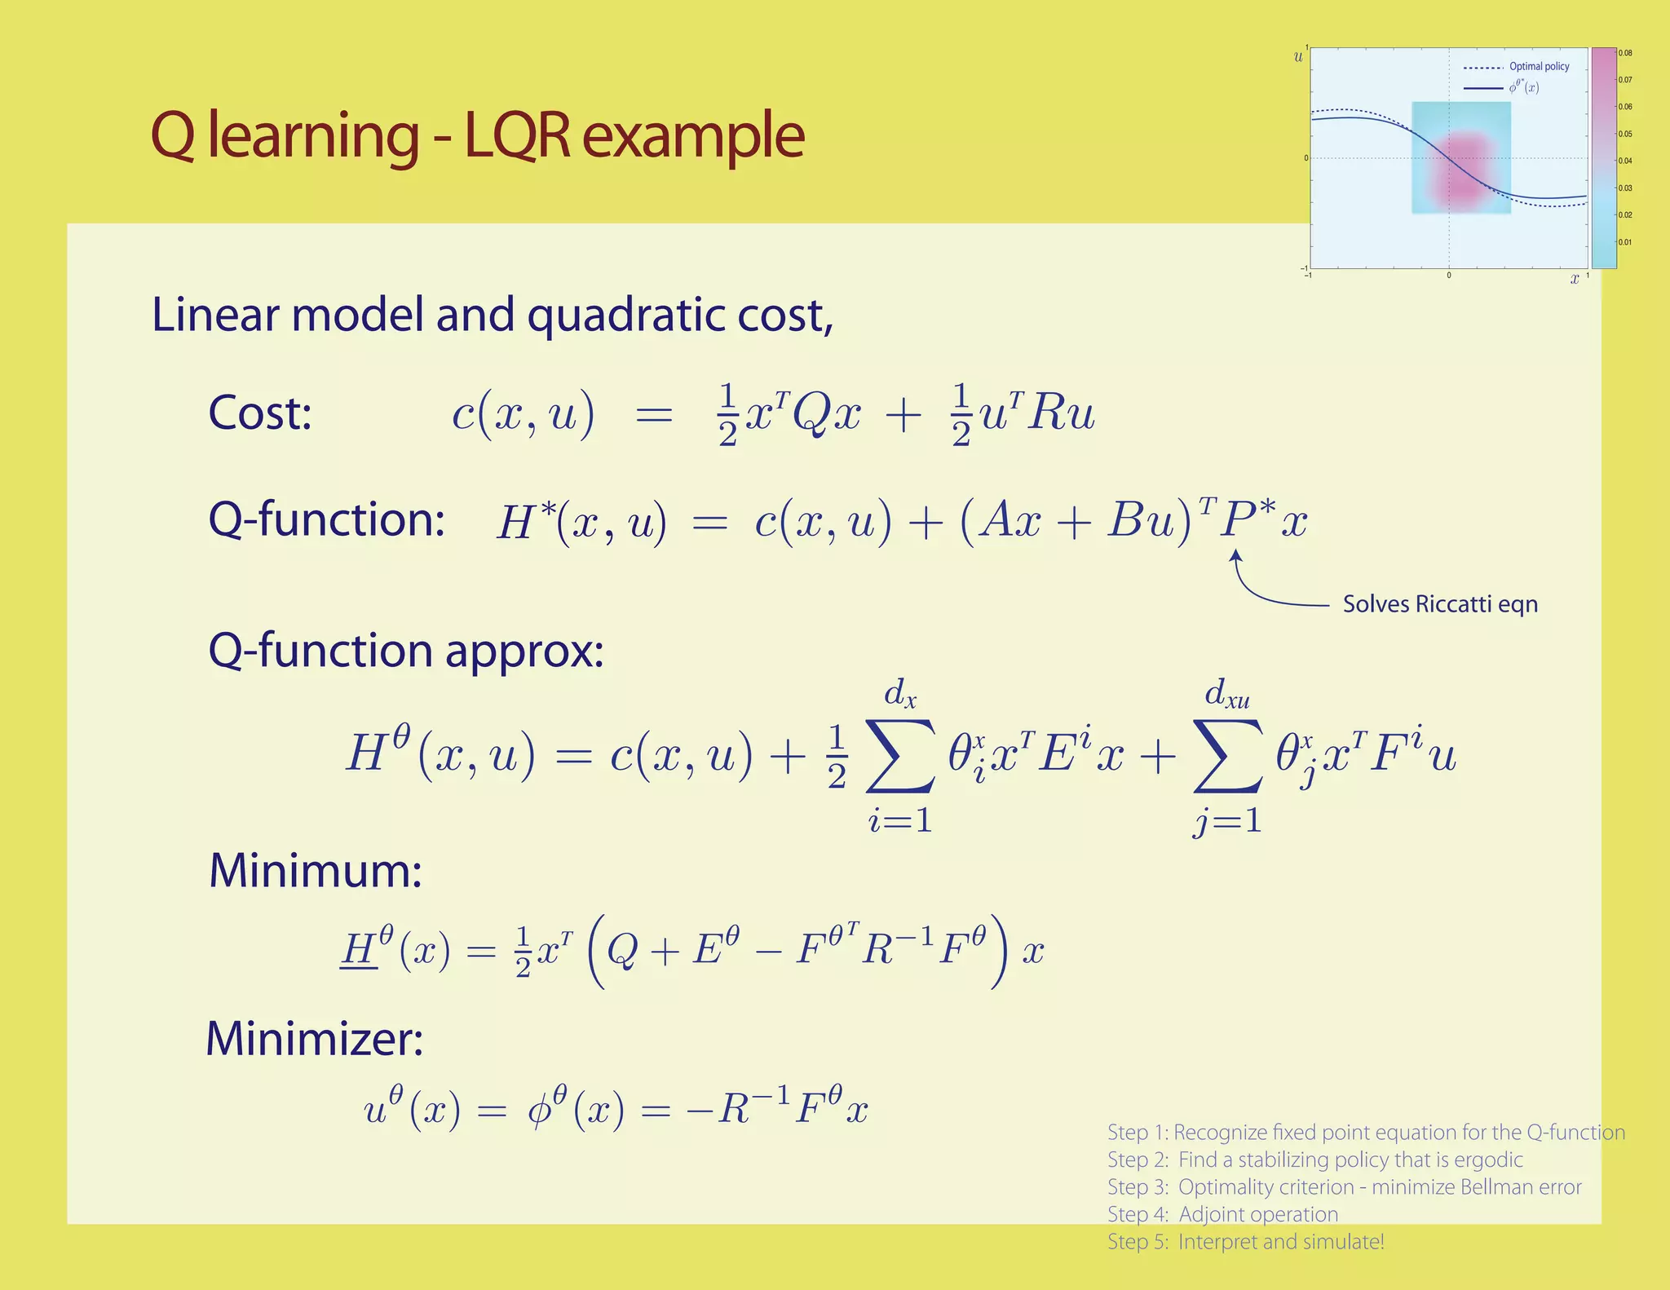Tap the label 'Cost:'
[260, 413]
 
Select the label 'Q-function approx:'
[406, 651]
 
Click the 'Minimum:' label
[316, 870]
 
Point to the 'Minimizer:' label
[314, 1039]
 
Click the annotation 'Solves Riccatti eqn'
[1440, 604]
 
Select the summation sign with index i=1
[900, 755]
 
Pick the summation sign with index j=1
[1228, 755]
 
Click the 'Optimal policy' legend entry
[1539, 67]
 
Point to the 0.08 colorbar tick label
[1625, 54]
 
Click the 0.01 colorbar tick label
[1625, 242]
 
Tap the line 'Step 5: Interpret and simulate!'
[1245, 1242]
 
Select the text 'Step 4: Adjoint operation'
[1222, 1214]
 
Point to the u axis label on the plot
[1298, 57]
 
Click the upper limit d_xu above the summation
[1227, 694]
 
